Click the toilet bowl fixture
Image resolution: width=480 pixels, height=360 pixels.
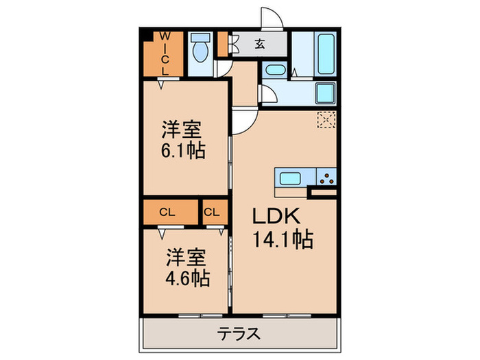201,50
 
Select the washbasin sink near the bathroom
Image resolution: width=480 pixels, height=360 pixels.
276,70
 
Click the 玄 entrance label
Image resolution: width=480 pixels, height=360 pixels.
260,45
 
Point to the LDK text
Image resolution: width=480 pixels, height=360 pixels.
277,216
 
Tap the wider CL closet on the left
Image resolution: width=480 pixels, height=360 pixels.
167,212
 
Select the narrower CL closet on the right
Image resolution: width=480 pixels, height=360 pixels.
212,212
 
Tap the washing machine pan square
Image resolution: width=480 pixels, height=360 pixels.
324,93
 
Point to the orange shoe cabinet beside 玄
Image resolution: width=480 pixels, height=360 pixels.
222,44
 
